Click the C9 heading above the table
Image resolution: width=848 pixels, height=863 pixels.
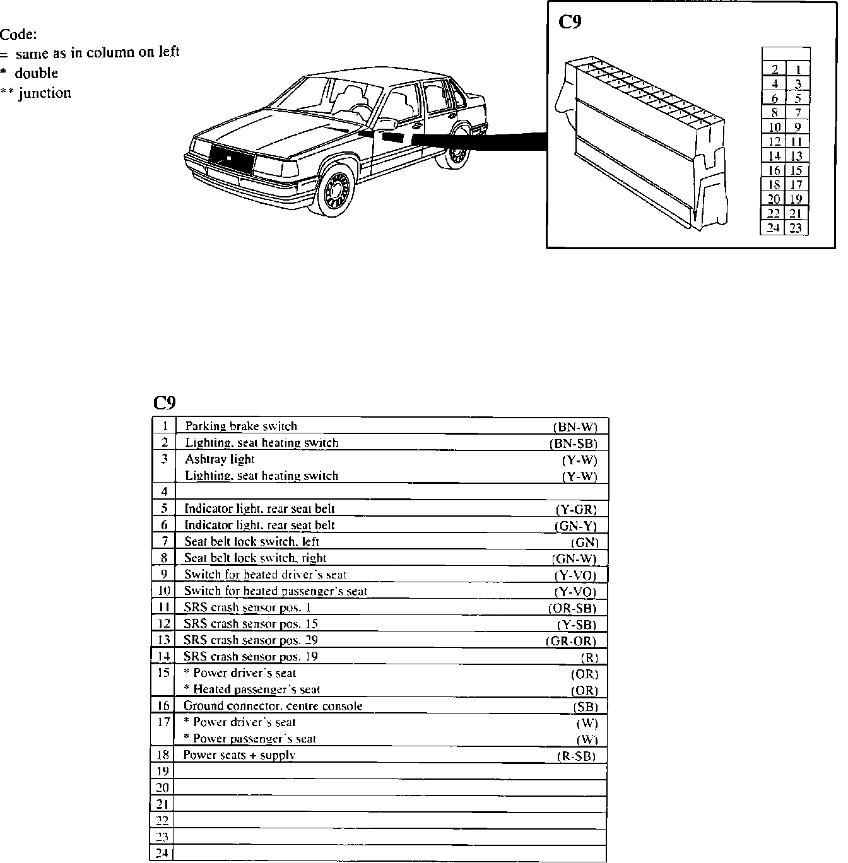tap(165, 402)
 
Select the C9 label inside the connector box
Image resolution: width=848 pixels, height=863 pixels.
tap(570, 23)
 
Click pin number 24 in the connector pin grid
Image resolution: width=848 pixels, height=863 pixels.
tap(774, 228)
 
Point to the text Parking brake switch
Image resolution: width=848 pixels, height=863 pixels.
tap(241, 426)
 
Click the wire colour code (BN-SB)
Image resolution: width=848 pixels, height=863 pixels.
tap(573, 443)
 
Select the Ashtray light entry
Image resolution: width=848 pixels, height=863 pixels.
tap(220, 459)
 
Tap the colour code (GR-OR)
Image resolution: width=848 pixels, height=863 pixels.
tap(570, 642)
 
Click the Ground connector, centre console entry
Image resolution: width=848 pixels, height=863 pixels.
tap(273, 706)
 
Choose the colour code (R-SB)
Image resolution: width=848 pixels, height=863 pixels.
tap(577, 756)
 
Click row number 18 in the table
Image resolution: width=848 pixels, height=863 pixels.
tap(163, 754)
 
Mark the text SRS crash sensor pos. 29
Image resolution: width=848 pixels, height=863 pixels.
tap(250, 640)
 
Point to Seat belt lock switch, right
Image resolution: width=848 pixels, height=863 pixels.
tap(255, 558)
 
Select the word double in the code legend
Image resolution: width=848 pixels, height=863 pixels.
tap(37, 73)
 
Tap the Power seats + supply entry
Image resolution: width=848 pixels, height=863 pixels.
tap(239, 755)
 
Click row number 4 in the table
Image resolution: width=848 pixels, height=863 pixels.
tap(164, 492)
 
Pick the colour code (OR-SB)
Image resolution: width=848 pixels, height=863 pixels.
tap(572, 609)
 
